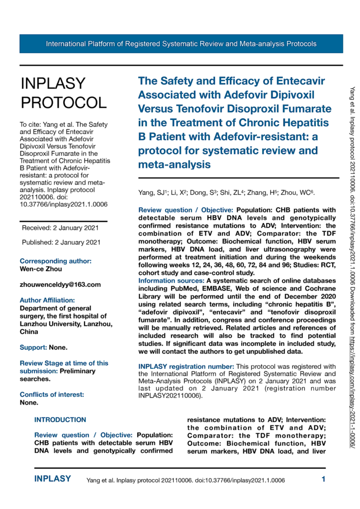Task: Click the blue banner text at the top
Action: point(181,44)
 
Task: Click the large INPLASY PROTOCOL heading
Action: point(63,93)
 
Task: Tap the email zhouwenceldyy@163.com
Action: point(60,285)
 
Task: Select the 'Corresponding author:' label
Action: point(56,260)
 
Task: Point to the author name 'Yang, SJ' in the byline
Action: point(151,192)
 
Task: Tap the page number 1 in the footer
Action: point(323,480)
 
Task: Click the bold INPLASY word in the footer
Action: point(53,480)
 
